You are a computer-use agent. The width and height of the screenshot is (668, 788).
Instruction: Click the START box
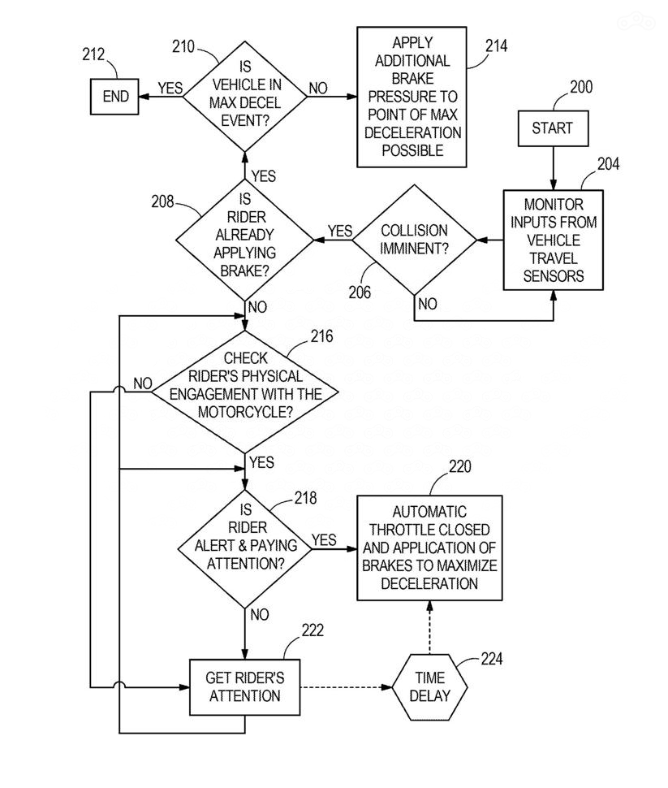click(552, 128)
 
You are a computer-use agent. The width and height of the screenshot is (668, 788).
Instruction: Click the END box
click(115, 97)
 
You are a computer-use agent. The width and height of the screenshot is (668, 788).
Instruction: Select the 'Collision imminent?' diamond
click(415, 239)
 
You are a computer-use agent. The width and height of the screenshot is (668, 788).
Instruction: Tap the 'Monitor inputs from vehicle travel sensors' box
click(553, 240)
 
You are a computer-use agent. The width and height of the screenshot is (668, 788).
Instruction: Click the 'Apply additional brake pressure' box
click(412, 96)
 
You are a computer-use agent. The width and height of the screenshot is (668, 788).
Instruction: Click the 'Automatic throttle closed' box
click(429, 548)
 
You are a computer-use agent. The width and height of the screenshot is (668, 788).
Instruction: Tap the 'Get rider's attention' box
click(244, 687)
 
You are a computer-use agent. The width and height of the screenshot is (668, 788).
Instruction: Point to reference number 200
click(580, 88)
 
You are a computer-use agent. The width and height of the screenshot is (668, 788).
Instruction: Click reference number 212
click(94, 55)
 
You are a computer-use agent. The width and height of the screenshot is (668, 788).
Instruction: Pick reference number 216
click(321, 336)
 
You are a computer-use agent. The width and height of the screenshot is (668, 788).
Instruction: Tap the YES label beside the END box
click(170, 88)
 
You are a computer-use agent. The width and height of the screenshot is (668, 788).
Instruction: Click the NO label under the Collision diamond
click(427, 305)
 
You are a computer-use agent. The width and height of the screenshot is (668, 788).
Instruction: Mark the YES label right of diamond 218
click(324, 539)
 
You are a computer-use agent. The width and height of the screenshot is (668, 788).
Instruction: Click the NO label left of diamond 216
click(142, 383)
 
